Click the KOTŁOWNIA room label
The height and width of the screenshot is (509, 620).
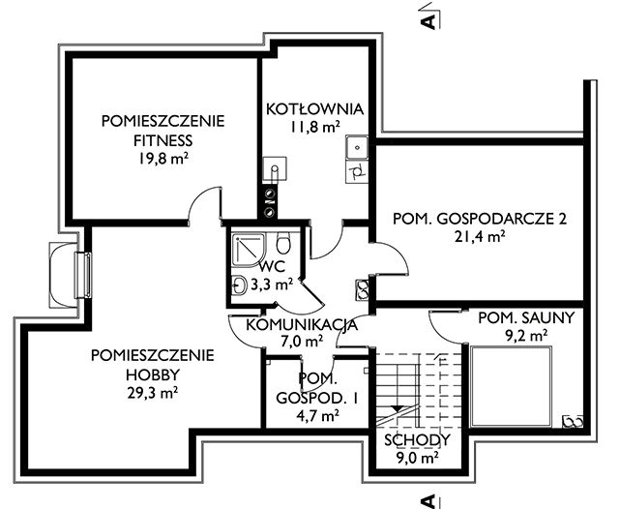[314, 108]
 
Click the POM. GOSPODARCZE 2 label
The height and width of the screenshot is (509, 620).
[479, 220]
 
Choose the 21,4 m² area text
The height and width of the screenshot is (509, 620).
[480, 236]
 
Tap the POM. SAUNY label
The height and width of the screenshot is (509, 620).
[514, 317]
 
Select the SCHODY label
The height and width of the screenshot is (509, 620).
[416, 440]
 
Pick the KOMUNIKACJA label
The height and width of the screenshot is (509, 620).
[302, 324]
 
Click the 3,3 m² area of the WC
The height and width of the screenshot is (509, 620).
[271, 284]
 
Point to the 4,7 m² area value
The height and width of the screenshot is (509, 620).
[316, 416]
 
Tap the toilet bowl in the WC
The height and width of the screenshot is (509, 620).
[284, 243]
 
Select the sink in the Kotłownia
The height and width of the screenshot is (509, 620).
[355, 148]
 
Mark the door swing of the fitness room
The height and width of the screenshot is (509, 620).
[204, 206]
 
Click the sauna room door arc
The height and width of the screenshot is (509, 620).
[447, 325]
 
